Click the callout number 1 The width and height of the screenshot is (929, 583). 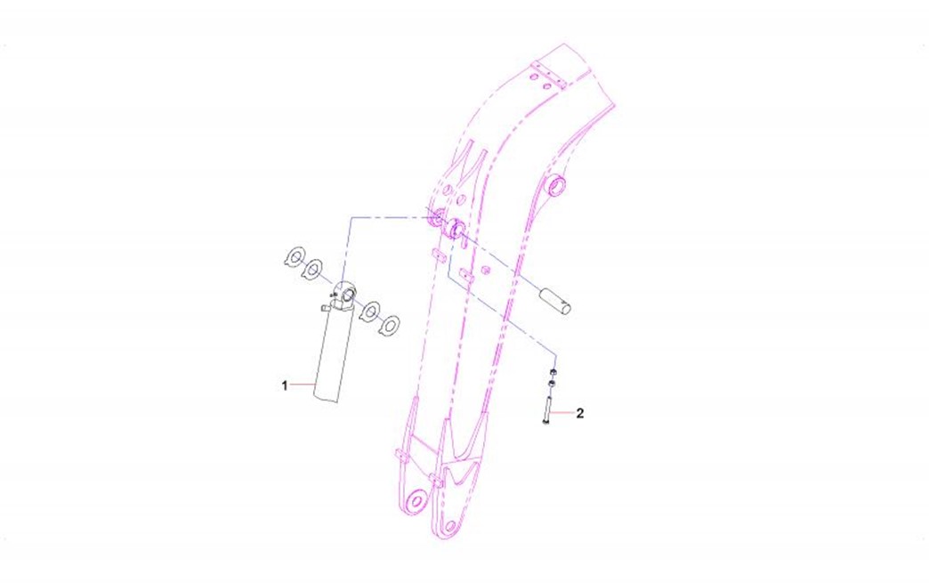(x=285, y=385)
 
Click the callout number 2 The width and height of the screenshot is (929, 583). (x=580, y=413)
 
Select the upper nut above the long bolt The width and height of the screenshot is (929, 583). (x=553, y=372)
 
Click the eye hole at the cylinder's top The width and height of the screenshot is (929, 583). (x=348, y=293)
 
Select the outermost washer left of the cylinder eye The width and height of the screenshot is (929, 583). (x=294, y=257)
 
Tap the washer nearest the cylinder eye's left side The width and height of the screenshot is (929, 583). (x=311, y=270)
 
